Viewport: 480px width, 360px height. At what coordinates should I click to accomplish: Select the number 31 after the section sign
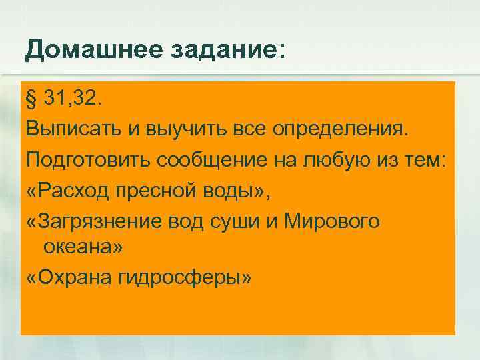click(59, 100)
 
